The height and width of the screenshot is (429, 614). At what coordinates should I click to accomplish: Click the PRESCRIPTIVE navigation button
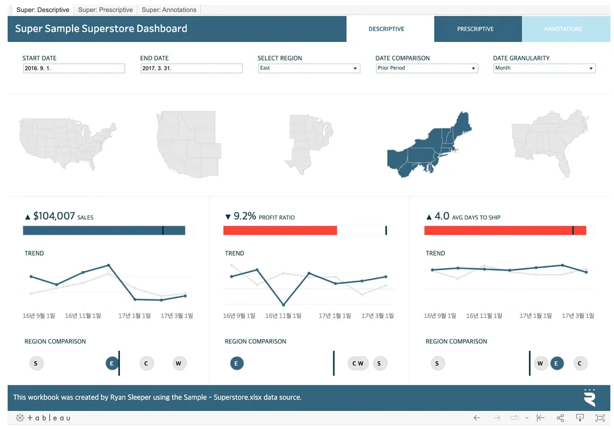pyautogui.click(x=475, y=29)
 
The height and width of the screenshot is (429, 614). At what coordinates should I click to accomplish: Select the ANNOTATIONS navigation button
pyautogui.click(x=563, y=29)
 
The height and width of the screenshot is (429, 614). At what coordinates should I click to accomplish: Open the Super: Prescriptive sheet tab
pyautogui.click(x=106, y=10)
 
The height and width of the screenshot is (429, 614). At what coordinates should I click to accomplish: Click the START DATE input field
pyautogui.click(x=74, y=68)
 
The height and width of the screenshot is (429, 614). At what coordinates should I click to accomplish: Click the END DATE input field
pyautogui.click(x=191, y=68)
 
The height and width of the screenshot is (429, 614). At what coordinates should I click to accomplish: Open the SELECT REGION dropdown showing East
pyautogui.click(x=309, y=68)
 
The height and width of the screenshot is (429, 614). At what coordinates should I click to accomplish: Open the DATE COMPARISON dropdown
pyautogui.click(x=426, y=68)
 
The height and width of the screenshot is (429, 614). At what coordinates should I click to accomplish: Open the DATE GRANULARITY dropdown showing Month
pyautogui.click(x=544, y=68)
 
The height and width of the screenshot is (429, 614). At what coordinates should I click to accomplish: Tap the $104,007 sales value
pyautogui.click(x=54, y=216)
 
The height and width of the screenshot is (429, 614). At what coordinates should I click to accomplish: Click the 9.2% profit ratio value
pyautogui.click(x=245, y=216)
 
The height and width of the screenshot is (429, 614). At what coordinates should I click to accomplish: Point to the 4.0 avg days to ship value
pyautogui.click(x=442, y=216)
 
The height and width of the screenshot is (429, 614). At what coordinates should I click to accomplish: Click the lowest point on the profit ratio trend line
pyautogui.click(x=283, y=305)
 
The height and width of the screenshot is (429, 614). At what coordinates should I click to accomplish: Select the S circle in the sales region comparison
pyautogui.click(x=35, y=363)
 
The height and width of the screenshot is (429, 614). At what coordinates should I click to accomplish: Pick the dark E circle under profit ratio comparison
pyautogui.click(x=237, y=363)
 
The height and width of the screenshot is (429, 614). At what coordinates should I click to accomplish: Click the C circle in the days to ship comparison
pyautogui.click(x=579, y=363)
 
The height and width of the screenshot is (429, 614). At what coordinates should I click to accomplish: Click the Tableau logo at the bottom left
pyautogui.click(x=43, y=418)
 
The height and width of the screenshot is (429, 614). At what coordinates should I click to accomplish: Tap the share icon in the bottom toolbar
pyautogui.click(x=560, y=418)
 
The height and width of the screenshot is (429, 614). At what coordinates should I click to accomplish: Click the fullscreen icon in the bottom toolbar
pyautogui.click(x=600, y=418)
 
